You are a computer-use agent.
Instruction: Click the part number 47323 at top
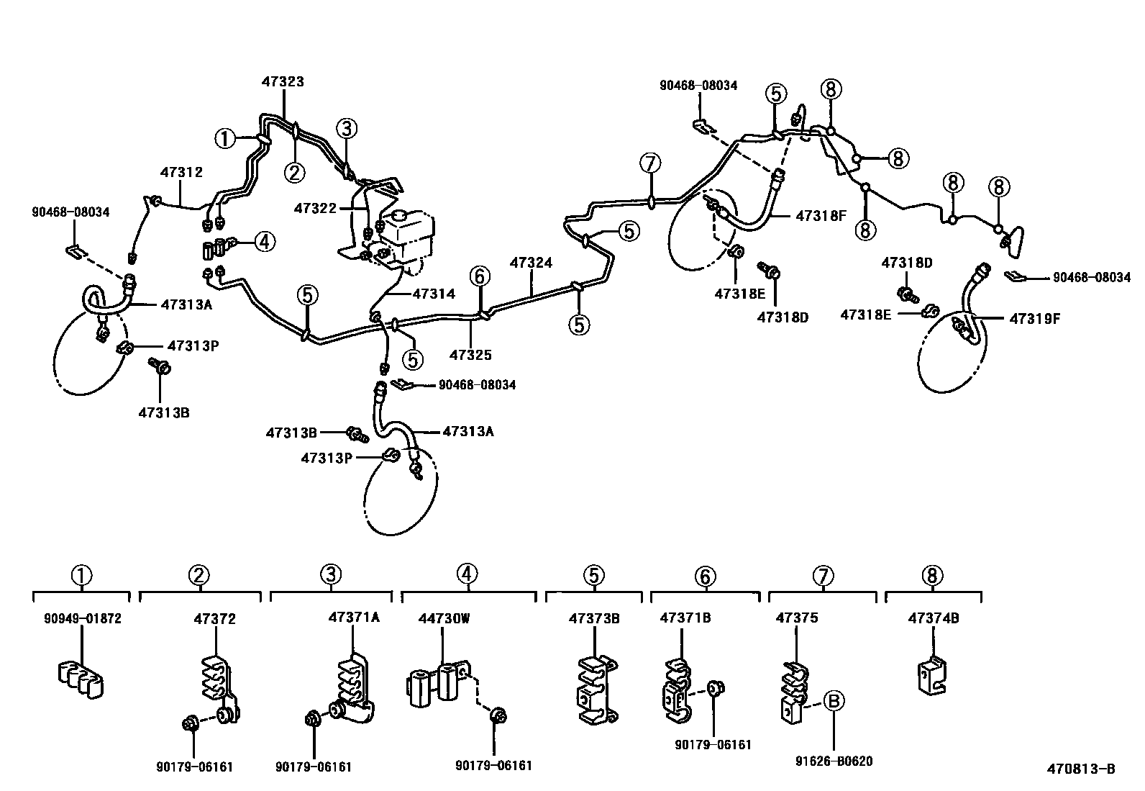coord(282,81)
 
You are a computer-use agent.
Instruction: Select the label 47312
coord(181,172)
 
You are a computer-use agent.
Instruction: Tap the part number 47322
coord(315,208)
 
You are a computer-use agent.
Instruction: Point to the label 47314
coord(434,294)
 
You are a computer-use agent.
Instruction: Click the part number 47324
coord(532,263)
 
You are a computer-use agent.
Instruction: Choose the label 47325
coord(470,355)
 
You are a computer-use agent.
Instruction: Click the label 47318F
coord(821,215)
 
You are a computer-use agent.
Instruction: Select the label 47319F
coord(1035,319)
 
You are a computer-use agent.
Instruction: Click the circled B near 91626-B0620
coord(834,701)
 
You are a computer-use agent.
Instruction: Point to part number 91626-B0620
coord(834,761)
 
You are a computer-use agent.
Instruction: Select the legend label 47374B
coord(933,618)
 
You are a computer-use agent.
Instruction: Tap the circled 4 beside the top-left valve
coord(264,242)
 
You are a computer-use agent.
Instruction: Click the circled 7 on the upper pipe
coord(649,163)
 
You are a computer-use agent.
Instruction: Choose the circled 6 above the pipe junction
coord(480,276)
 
